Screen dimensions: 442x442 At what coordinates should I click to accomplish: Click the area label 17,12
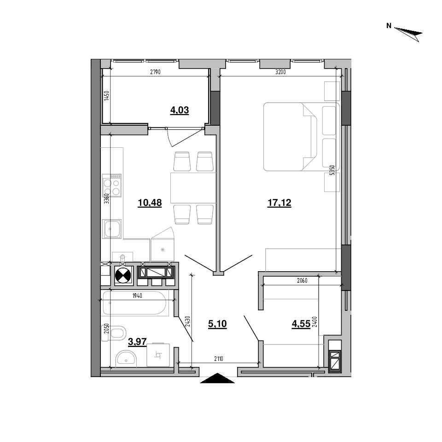pos(279,203)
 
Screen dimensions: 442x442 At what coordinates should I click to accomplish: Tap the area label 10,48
pos(150,203)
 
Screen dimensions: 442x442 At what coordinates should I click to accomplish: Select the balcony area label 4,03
pos(179,110)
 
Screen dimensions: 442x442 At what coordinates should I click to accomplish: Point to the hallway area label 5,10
pos(217,324)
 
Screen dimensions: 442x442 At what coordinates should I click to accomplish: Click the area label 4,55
pos(301,324)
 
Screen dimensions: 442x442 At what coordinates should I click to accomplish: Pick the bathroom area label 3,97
pos(137,342)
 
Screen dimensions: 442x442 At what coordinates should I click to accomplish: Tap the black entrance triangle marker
pos(217,378)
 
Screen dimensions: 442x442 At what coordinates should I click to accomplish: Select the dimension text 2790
pos(155,72)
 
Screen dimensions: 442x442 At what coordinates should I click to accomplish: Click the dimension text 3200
pos(280,72)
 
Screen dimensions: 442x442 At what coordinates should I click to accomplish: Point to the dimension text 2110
pos(218,359)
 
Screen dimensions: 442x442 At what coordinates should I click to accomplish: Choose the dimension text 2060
pos(302,280)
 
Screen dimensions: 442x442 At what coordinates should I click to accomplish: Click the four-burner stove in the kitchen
pos(112,185)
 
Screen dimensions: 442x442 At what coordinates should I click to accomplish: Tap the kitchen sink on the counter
pos(112,229)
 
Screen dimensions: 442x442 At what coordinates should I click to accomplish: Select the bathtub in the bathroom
pos(135,303)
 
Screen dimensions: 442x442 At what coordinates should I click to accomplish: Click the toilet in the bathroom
pos(114,333)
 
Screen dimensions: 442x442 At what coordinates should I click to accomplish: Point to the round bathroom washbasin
pos(126,358)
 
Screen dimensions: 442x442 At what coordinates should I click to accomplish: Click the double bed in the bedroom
pos(301,137)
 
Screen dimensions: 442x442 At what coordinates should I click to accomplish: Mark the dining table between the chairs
pos(193,188)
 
